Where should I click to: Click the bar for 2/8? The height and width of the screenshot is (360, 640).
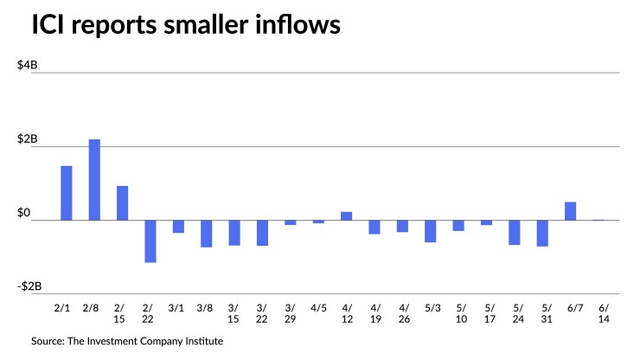[94, 180]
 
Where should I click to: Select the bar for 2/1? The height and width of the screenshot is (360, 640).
[66, 193]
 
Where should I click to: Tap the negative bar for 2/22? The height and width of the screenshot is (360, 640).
[150, 241]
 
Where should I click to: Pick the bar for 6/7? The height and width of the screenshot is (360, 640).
[571, 211]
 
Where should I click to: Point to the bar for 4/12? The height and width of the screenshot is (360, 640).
[346, 215]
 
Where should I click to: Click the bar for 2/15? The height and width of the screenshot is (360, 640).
[122, 202]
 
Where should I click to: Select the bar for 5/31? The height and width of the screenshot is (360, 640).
[542, 234]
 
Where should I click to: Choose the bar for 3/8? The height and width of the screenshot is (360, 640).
[206, 234]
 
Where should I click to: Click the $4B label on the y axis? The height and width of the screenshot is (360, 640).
[28, 66]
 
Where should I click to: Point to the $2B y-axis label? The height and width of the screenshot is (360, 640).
[28, 139]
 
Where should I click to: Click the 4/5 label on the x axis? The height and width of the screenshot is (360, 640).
[318, 306]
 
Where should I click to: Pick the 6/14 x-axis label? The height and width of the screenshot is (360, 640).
[598, 312]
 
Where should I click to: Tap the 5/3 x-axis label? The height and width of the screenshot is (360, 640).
[430, 306]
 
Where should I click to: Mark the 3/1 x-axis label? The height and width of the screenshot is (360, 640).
[178, 306]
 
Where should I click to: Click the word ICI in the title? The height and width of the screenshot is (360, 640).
[51, 26]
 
